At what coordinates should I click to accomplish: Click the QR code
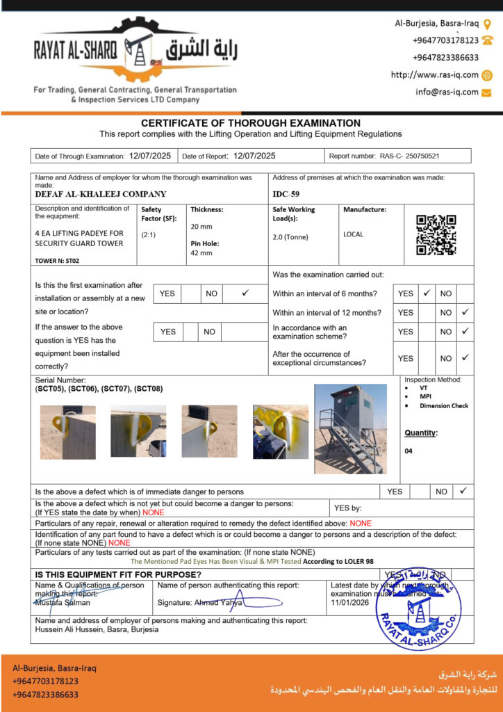coord(436,236)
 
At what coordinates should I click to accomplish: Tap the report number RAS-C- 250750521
coord(414,156)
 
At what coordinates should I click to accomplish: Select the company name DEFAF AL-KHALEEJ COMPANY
coord(101,194)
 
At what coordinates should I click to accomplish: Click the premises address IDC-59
coord(287,194)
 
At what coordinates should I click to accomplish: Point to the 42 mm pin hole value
coord(201,252)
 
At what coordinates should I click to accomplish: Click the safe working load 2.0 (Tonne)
coord(290,236)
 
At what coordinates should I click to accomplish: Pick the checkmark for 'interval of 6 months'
coord(427,293)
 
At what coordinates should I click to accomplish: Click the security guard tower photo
coord(350,429)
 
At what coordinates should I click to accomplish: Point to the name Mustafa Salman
coord(63,603)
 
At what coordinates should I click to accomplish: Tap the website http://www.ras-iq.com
coord(434,75)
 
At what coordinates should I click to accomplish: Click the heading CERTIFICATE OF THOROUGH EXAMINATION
coord(251,123)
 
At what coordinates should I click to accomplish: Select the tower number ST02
coord(72,261)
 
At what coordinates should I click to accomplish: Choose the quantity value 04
coord(409,451)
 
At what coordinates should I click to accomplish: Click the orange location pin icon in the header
coord(487,23)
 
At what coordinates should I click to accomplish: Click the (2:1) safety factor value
coord(149,235)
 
